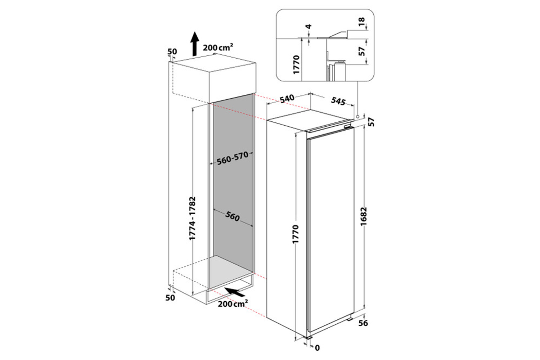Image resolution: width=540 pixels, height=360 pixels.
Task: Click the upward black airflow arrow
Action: point(195,43)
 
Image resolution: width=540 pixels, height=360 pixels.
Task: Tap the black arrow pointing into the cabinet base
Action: point(234,291)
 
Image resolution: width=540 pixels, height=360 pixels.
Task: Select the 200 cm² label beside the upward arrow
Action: point(218,47)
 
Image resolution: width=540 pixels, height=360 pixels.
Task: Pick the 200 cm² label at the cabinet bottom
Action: point(233,303)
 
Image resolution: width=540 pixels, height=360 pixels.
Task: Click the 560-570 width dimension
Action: point(232,158)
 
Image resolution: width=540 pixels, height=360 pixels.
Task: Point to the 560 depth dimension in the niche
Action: point(232,216)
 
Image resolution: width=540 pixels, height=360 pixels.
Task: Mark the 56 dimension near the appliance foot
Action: point(363,323)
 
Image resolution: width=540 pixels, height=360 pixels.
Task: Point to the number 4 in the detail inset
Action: point(309,27)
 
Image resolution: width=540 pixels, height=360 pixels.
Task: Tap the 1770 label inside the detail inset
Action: point(296,64)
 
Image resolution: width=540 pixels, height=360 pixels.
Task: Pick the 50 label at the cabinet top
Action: point(172,51)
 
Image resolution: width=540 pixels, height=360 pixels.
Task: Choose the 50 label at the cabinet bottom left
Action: point(170,297)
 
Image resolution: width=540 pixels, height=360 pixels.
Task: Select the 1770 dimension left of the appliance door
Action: point(296,234)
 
